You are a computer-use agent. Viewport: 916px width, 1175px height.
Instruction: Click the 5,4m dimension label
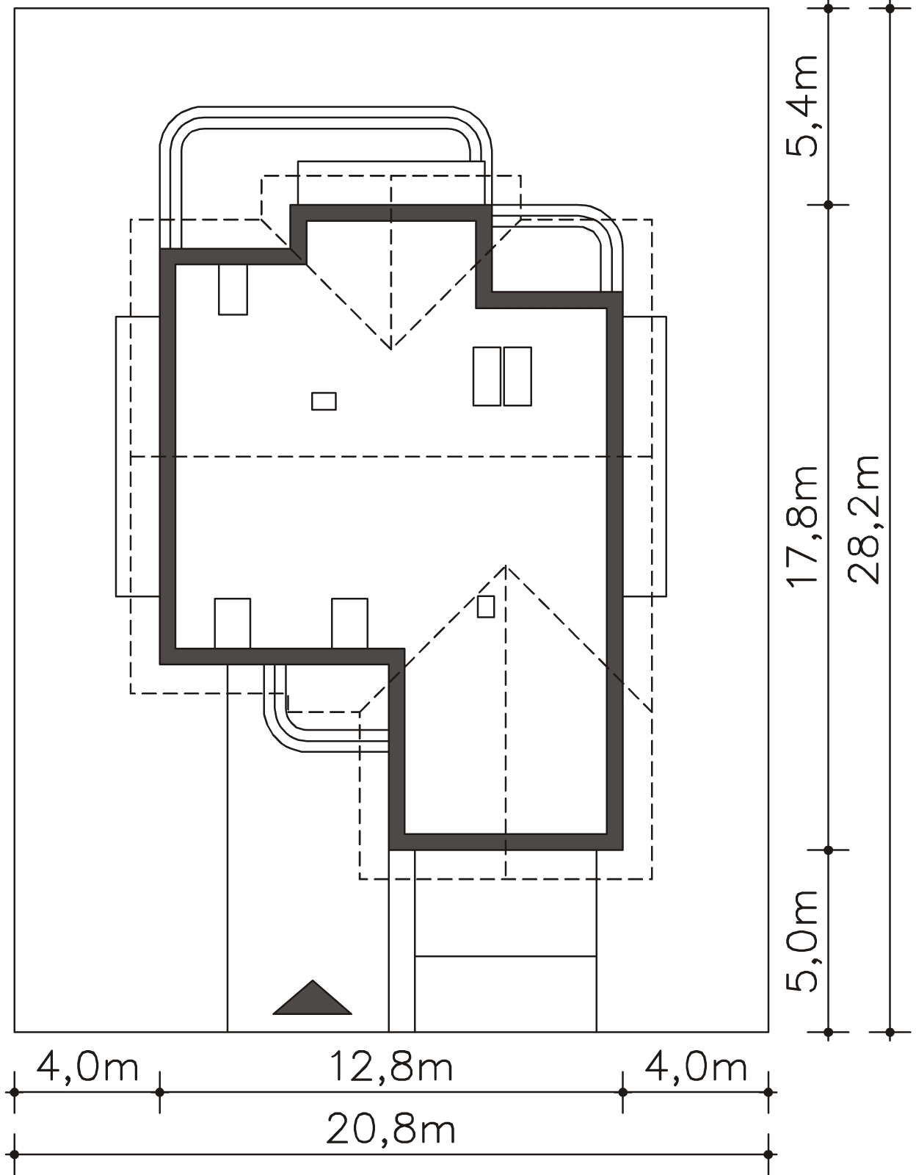tap(802, 106)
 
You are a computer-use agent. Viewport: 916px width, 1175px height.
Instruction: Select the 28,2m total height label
tap(864, 520)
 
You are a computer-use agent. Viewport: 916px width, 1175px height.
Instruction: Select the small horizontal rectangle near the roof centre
tap(324, 401)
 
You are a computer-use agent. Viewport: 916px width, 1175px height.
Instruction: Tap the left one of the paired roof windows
tap(487, 376)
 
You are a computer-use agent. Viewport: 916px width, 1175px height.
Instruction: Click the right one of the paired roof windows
tap(517, 376)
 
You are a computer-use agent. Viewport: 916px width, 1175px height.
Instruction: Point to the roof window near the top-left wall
tap(233, 289)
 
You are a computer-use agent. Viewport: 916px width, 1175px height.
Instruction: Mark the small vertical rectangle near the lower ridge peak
tap(486, 606)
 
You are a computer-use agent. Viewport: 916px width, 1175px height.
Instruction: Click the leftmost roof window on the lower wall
tap(233, 623)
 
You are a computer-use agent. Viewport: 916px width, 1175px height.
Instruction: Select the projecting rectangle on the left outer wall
tap(138, 456)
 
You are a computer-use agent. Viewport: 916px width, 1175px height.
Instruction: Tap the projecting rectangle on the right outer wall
tap(644, 456)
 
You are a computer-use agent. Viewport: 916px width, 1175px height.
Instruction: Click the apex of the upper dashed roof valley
tap(390, 350)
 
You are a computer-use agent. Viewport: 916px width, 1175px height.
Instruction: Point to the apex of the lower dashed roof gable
tap(506, 565)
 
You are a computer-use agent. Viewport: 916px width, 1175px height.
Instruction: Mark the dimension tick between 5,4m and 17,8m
tap(829, 205)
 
